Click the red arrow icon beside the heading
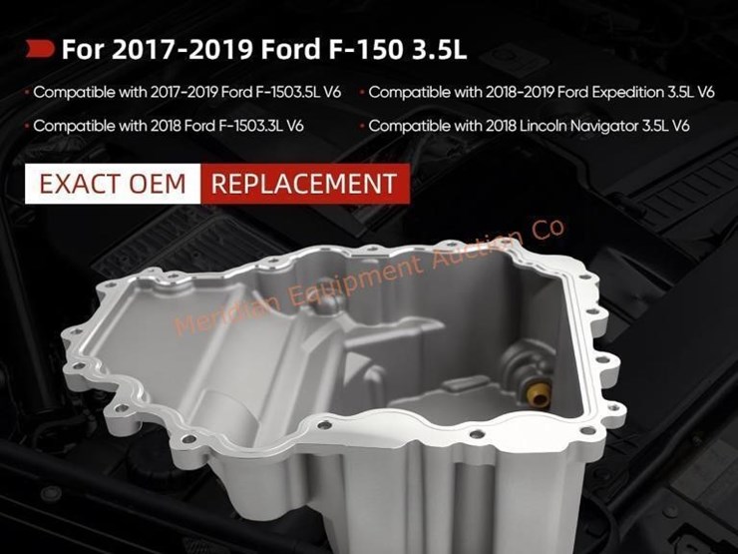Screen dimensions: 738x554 [x=40, y=49]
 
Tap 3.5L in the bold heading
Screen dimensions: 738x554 [x=439, y=49]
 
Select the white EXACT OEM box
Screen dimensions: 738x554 [x=113, y=184]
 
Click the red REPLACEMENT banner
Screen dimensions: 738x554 [x=305, y=184]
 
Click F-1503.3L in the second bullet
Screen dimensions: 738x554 [x=250, y=126]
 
